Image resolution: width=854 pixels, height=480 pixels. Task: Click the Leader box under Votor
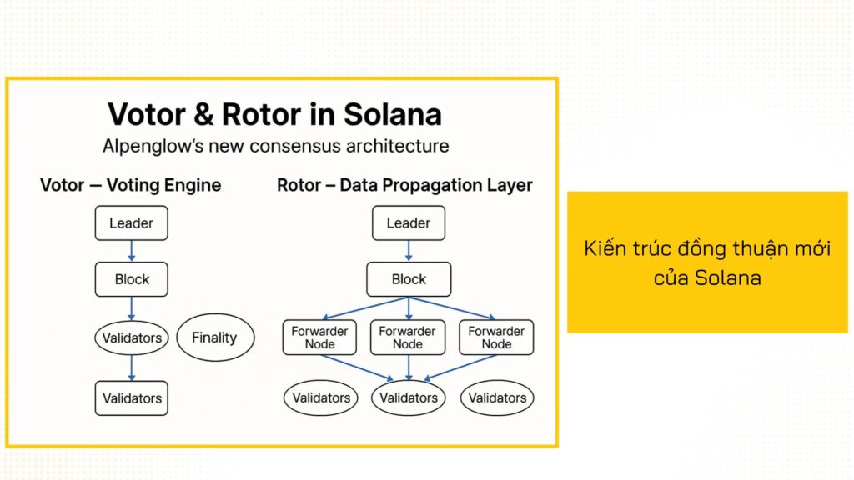(x=131, y=223)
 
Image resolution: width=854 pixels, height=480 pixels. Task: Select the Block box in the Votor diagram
(x=132, y=279)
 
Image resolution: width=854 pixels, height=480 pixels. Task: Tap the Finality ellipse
(x=214, y=337)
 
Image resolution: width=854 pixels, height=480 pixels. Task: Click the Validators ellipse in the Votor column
(x=131, y=338)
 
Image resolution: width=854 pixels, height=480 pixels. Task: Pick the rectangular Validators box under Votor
(x=131, y=397)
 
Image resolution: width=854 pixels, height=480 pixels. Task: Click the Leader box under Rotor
(x=408, y=223)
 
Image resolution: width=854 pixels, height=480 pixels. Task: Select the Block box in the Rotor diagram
(x=409, y=279)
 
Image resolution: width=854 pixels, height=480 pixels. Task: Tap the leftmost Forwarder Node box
(x=319, y=337)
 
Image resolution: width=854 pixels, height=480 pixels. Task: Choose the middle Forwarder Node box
(x=408, y=337)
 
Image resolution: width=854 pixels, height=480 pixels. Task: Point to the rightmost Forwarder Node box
(x=497, y=337)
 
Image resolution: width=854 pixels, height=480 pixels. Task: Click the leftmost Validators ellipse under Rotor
(x=320, y=397)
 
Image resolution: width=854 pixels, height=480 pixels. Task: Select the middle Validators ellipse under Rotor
(x=409, y=397)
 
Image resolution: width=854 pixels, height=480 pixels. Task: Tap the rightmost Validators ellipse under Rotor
(x=497, y=397)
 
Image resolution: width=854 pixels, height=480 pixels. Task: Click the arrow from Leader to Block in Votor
(x=132, y=251)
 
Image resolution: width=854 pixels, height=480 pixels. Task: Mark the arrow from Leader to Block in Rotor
(x=409, y=251)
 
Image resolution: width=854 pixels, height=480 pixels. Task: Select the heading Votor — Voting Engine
(x=131, y=185)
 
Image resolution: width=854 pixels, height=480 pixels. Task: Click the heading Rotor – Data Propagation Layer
(x=404, y=185)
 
